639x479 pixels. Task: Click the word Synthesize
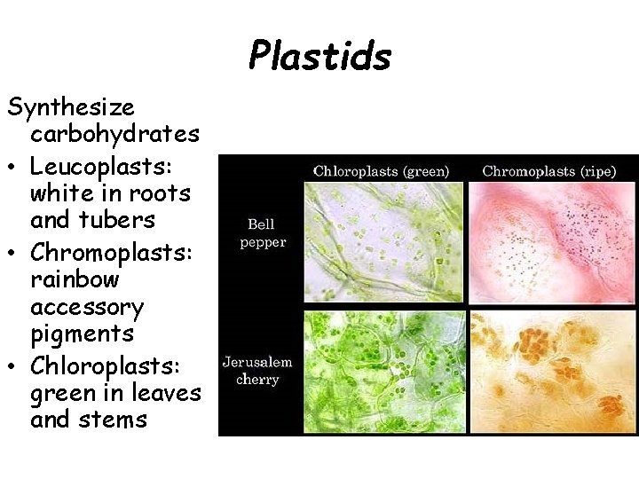pyautogui.click(x=71, y=107)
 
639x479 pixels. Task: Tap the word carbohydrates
pyautogui.click(x=114, y=135)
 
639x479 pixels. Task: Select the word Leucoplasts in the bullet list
pyautogui.click(x=100, y=166)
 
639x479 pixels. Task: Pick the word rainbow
pyautogui.click(x=75, y=279)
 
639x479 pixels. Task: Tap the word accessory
pyautogui.click(x=86, y=307)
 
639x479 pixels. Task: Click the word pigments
pyautogui.click(x=82, y=334)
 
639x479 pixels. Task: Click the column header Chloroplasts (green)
pyautogui.click(x=381, y=170)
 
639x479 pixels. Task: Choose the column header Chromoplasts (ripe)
pyautogui.click(x=548, y=170)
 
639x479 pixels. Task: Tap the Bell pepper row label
pyautogui.click(x=261, y=233)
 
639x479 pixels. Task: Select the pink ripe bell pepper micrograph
pyautogui.click(x=553, y=243)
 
